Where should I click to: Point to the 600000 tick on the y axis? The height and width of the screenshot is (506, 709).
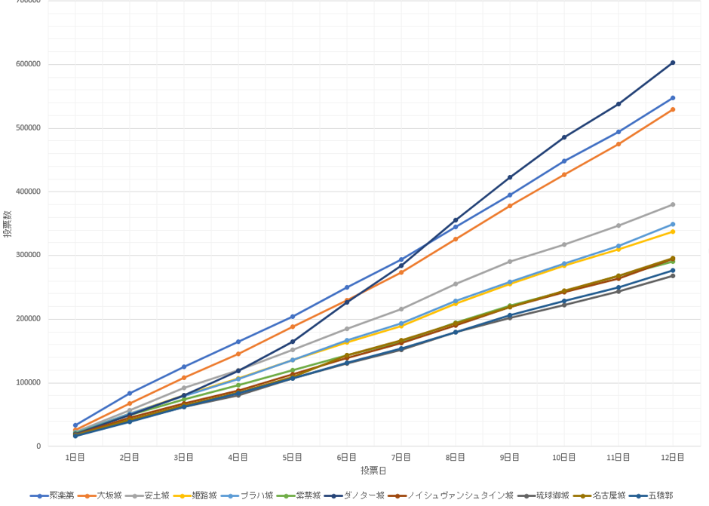29,64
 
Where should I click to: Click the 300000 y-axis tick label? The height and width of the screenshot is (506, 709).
29,256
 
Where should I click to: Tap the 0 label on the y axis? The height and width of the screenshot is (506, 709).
38,446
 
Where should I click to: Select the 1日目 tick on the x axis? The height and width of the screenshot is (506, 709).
75,458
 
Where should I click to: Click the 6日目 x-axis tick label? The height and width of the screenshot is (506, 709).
347,458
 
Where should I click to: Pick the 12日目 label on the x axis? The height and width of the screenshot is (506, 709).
672,458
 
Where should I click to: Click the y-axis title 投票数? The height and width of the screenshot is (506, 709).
8,223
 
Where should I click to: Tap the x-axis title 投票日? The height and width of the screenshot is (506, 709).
373,471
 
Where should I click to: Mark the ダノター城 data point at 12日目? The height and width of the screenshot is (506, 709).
673,63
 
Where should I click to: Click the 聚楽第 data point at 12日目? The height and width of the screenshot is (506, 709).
673,98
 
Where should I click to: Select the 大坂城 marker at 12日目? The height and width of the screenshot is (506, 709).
673,109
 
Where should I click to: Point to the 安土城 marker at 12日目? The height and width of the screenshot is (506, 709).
673,204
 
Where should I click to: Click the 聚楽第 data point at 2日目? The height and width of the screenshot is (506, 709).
130,394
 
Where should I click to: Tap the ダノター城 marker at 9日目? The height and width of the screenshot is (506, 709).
510,177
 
